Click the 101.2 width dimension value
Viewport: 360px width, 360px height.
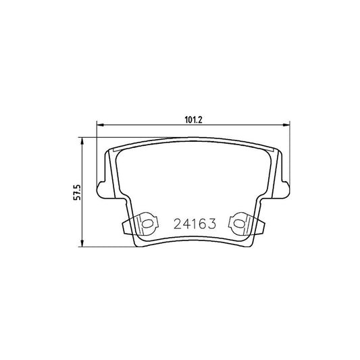point(194,120)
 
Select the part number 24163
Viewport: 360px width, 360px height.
point(195,223)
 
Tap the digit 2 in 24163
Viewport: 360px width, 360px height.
point(178,223)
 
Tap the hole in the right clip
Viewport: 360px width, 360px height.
point(238,222)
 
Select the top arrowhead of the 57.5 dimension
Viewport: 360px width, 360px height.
point(82,142)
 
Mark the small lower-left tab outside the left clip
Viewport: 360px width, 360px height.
point(125,228)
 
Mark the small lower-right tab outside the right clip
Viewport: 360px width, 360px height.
point(261,228)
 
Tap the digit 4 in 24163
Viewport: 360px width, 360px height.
point(186,223)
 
